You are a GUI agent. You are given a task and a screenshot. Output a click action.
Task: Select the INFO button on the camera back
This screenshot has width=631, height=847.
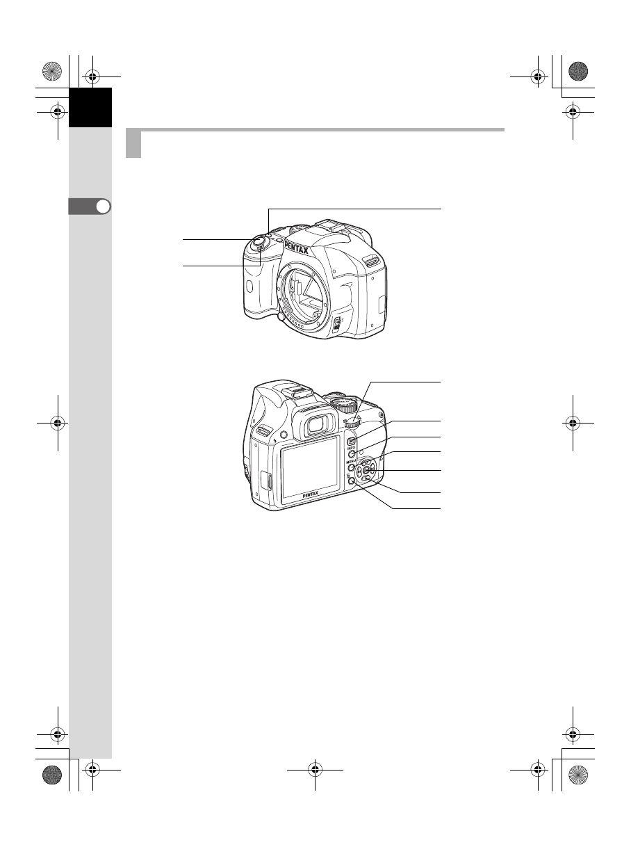click(x=352, y=454)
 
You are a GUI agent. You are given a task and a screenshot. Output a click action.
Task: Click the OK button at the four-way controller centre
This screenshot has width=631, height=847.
click(x=366, y=471)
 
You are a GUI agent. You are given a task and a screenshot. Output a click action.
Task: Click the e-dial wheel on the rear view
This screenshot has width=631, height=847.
click(x=353, y=421)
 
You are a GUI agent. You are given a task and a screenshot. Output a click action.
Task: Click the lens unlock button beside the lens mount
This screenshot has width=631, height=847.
click(x=281, y=317)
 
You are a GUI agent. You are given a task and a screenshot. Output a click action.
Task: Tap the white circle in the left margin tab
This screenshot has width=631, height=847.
click(x=102, y=207)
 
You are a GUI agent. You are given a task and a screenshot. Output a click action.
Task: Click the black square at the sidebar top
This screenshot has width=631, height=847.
click(x=90, y=107)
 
